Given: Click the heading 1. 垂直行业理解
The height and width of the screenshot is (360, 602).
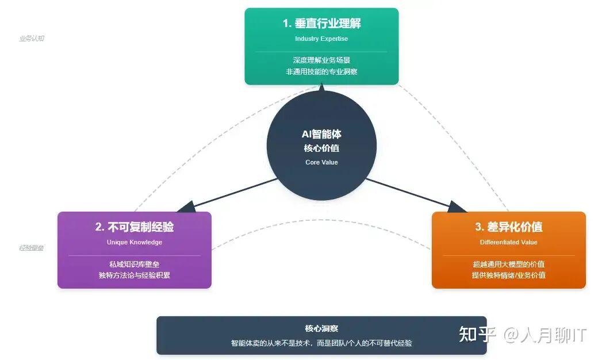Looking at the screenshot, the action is tap(321, 24).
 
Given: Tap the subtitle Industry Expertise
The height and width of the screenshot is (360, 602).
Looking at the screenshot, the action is tap(321, 39).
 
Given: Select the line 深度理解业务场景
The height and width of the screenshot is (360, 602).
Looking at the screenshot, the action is tap(321, 60).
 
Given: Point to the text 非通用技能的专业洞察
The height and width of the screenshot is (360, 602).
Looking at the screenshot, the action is tap(321, 72).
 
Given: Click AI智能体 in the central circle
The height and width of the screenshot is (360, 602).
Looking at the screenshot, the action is tap(321, 134).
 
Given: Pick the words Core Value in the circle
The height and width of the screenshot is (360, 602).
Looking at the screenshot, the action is tap(321, 162).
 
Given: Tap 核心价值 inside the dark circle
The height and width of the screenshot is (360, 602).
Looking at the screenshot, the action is tap(321, 148).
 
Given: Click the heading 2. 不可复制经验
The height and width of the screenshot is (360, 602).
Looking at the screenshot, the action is tap(135, 227).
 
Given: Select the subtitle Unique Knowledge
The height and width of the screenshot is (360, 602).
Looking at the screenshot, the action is tap(135, 242).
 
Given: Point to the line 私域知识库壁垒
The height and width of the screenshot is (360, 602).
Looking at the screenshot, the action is tap(135, 264).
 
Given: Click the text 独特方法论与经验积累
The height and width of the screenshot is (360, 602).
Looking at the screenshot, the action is tap(135, 275).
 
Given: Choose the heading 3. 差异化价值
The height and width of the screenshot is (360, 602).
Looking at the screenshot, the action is tap(509, 227).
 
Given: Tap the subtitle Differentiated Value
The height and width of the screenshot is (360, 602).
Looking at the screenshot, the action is tap(509, 242).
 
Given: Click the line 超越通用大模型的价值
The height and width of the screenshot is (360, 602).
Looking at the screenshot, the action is tap(509, 264).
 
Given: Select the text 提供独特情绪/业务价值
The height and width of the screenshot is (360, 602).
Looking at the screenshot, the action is tap(509, 275).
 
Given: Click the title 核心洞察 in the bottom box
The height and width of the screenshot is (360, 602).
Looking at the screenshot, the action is tap(321, 328).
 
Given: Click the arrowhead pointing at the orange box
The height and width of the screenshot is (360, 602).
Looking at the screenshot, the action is tap(458, 207).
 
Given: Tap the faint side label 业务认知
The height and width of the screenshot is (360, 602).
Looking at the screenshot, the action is tap(32, 39).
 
